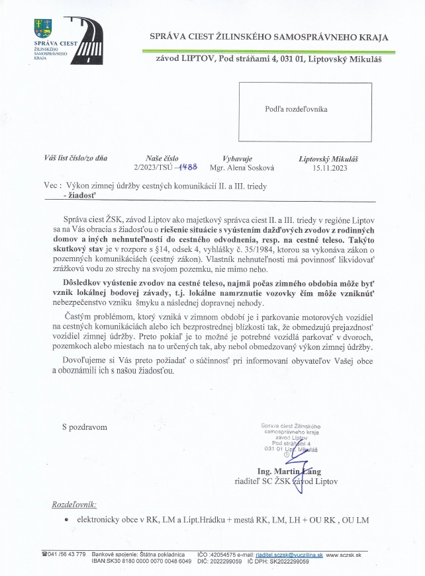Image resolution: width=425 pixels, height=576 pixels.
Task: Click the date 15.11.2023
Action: [x=330, y=168]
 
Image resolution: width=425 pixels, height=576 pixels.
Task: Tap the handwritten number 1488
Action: [x=177, y=167]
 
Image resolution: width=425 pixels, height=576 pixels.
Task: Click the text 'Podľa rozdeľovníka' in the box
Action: [x=297, y=108]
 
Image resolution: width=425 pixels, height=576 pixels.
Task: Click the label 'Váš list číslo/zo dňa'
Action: [x=75, y=159]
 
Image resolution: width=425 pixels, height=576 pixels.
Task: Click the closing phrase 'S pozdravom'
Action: [x=84, y=427]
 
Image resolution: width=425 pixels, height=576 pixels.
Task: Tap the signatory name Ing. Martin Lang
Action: [x=284, y=471]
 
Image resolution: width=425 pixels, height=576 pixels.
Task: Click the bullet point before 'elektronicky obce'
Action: [x=68, y=521]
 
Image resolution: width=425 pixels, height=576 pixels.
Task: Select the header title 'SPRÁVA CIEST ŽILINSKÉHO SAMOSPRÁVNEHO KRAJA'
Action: [x=269, y=38]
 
